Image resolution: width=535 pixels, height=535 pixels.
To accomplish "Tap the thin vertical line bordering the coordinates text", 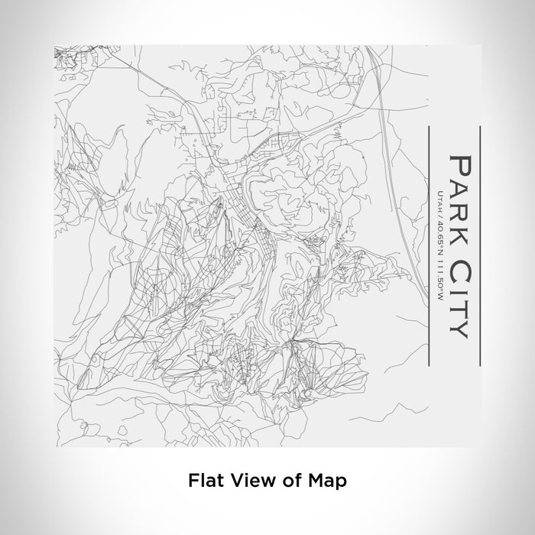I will point(425,237).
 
